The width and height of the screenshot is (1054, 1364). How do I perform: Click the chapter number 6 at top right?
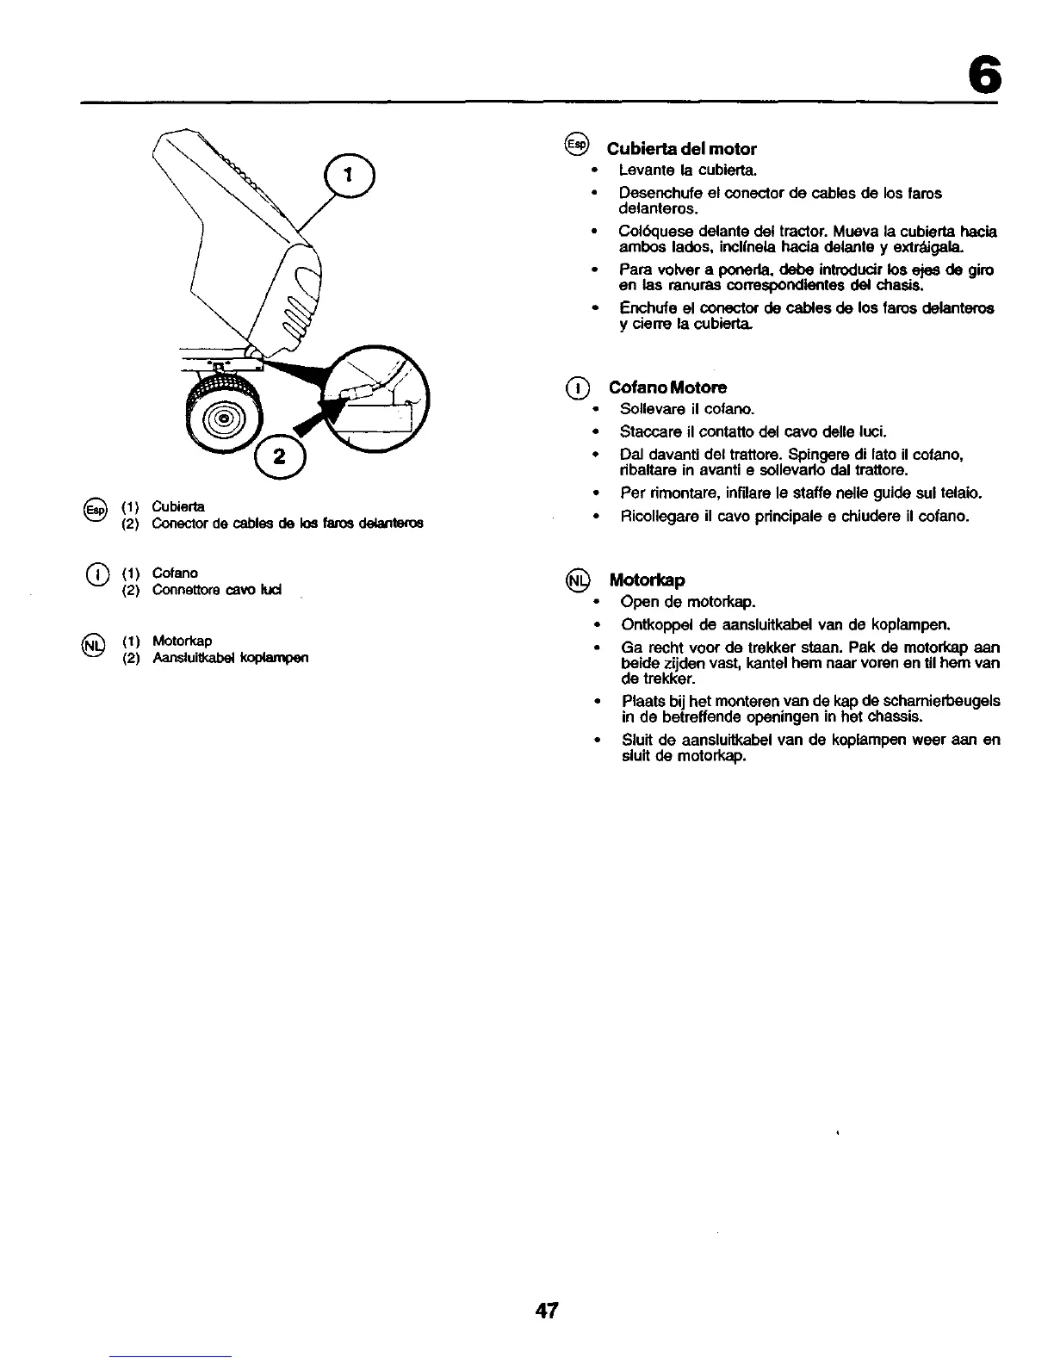(x=983, y=71)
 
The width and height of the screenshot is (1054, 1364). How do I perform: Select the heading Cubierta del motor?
(x=682, y=149)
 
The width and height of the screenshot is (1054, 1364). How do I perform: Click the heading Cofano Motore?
(x=667, y=387)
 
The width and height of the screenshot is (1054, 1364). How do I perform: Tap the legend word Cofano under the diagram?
(x=175, y=573)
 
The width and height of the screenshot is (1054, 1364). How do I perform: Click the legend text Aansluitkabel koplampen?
(x=230, y=658)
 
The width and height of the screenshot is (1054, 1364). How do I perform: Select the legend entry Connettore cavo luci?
(x=217, y=590)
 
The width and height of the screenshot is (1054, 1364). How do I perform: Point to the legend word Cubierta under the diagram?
(x=177, y=505)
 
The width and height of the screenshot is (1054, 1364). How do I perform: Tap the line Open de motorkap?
(x=688, y=601)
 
